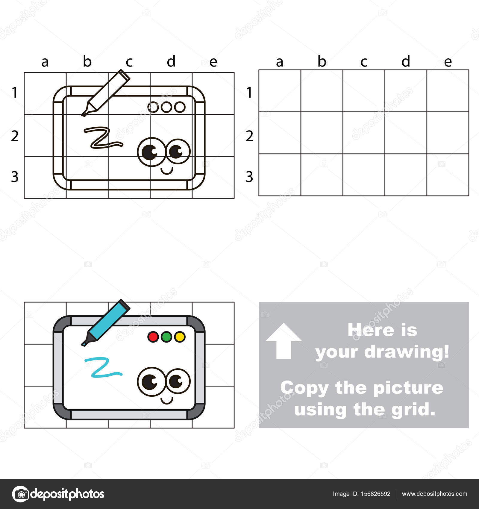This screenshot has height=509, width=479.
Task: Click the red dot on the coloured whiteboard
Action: click(x=153, y=337)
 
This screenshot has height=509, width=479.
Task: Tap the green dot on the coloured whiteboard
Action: click(x=166, y=337)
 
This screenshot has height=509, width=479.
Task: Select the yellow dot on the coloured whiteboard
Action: click(x=180, y=337)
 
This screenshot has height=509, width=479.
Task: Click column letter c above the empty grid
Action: click(x=364, y=62)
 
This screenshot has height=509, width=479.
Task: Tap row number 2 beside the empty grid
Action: click(x=249, y=136)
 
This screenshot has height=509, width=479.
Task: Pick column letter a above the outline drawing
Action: click(x=45, y=62)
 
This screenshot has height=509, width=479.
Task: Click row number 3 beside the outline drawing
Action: click(x=15, y=177)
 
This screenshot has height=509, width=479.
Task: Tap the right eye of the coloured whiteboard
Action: click(x=178, y=381)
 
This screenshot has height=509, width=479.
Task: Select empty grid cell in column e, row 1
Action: click(x=448, y=91)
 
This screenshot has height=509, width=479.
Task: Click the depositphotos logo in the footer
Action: click(x=58, y=494)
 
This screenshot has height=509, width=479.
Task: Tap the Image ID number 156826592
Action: click(x=361, y=494)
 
